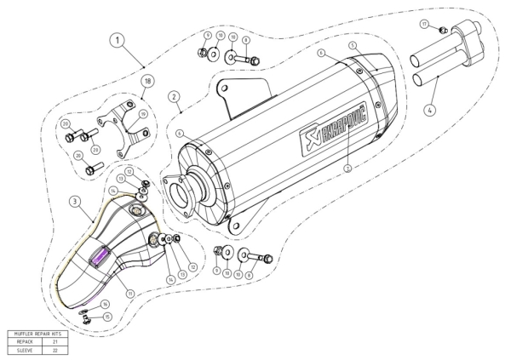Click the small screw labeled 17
tap(443, 30)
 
